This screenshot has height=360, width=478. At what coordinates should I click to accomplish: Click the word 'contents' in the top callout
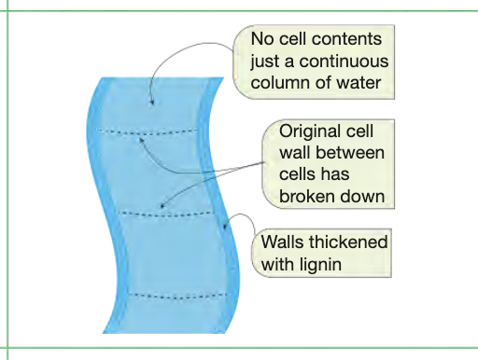346,42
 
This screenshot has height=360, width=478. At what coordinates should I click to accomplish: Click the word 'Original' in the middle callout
310,132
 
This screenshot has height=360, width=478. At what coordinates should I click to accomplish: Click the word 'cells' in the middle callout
300,174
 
